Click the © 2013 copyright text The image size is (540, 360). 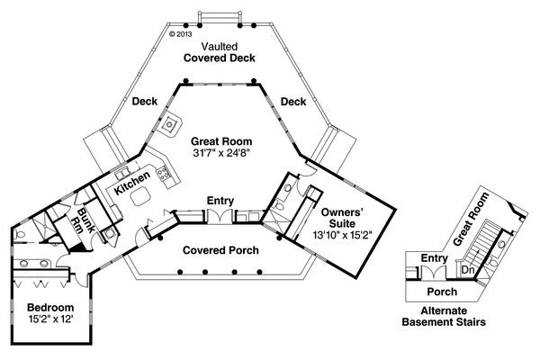click(x=181, y=34)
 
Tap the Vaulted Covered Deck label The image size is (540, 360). click(x=220, y=51)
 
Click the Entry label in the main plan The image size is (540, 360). click(x=220, y=200)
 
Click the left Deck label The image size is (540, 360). click(x=145, y=103)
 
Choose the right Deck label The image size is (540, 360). click(x=293, y=103)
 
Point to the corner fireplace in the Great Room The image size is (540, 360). click(x=168, y=122)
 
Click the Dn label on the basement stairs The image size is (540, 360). click(x=468, y=269)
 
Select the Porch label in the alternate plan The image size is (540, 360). click(x=441, y=292)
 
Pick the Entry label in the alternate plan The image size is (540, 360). click(x=435, y=259)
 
